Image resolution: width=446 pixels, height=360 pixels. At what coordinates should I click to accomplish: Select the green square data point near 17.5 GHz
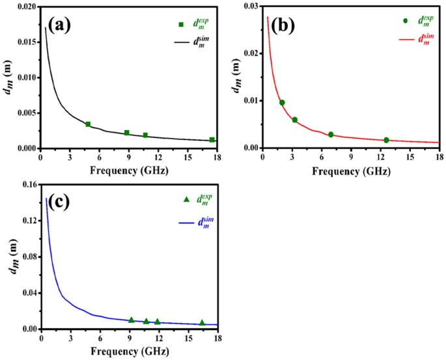click(x=212, y=140)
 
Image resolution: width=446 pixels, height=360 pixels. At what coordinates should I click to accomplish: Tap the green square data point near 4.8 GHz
click(x=88, y=124)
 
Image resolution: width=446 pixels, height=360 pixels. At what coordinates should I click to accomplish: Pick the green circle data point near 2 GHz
click(x=282, y=103)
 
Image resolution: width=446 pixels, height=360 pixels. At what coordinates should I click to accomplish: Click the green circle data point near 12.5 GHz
click(x=386, y=140)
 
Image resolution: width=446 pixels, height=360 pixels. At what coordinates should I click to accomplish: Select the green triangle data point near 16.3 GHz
click(x=202, y=322)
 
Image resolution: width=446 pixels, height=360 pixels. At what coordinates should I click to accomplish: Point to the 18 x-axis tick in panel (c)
click(x=217, y=339)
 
